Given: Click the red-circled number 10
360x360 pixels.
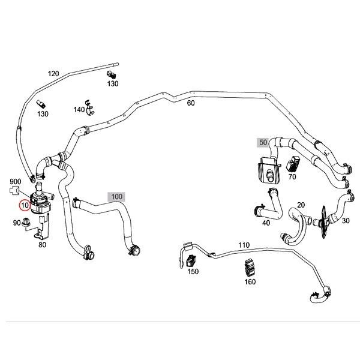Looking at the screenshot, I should pos(25,205).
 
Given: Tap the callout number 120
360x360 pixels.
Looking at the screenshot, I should pos(53,73).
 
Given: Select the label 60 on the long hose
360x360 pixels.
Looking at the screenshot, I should pos(191,103).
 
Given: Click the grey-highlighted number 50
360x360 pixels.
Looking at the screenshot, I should pos(262,142).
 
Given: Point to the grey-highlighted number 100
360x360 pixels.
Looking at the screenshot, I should pos(116,196).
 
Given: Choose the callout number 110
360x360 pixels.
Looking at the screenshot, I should pos(244,245).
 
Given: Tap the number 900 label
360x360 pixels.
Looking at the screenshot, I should pos(16,181).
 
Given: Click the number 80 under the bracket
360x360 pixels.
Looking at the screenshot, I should pos(43,244).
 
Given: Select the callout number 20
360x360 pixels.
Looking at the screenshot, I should pos(301,205).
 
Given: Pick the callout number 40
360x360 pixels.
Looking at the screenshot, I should pos(266,223).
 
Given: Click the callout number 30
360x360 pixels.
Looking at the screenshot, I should pos(345,220).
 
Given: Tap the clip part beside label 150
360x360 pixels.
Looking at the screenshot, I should pos(192,260).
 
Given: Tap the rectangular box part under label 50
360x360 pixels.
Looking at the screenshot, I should pos(267,169).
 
